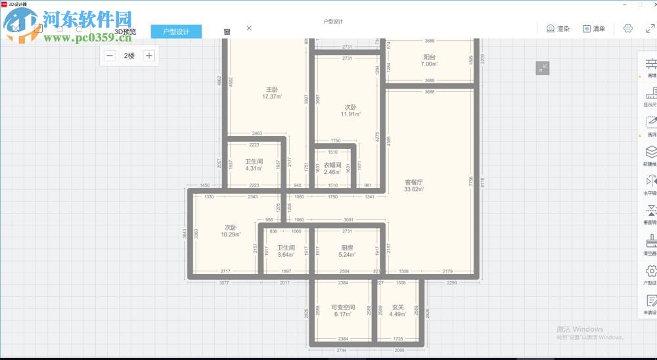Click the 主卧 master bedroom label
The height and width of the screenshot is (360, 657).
pyautogui.click(x=271, y=89)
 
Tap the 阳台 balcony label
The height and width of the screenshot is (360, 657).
pyautogui.click(x=429, y=57)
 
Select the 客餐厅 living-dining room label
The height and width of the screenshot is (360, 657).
pyautogui.click(x=413, y=182)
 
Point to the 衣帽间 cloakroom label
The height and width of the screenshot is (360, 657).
pyautogui.click(x=332, y=165)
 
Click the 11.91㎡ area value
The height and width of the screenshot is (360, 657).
pyautogui.click(x=350, y=114)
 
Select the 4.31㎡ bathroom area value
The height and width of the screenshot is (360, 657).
pyautogui.click(x=254, y=168)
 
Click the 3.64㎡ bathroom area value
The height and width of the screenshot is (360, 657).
pyautogui.click(x=286, y=255)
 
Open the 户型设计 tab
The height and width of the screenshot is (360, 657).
pyautogui.click(x=176, y=32)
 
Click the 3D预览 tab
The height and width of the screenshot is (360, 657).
pyautogui.click(x=125, y=32)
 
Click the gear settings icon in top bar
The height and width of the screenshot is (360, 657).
pyautogui.click(x=627, y=28)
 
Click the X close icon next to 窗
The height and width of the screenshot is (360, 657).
pyautogui.click(x=249, y=28)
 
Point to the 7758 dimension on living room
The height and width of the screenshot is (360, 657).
pyautogui.click(x=470, y=182)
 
